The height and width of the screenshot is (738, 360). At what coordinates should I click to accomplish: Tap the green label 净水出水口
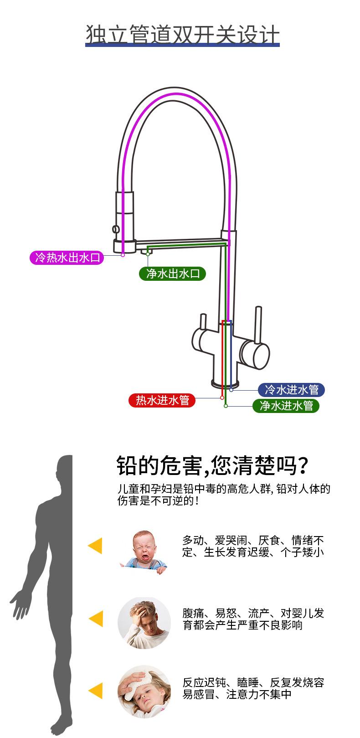point(172,274)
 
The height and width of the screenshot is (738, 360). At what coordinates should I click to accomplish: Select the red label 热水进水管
point(162,400)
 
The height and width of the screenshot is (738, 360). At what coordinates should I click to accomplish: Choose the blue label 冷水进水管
point(291,390)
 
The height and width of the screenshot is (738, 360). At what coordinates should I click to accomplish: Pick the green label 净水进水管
point(286,405)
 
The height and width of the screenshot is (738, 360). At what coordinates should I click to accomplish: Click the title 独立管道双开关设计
point(182,35)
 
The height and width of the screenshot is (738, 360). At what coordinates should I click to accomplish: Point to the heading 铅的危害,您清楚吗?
point(212,465)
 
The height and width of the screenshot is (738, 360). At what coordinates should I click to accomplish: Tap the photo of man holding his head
point(144,622)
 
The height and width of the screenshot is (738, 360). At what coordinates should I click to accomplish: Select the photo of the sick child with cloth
point(144,692)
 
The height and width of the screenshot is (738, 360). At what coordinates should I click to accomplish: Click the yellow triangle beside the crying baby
point(95,546)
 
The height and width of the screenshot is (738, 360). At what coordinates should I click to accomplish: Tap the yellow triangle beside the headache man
point(95,619)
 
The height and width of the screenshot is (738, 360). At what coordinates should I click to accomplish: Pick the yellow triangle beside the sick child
point(95,691)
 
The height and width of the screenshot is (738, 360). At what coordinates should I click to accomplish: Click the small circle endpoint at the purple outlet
point(123,255)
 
